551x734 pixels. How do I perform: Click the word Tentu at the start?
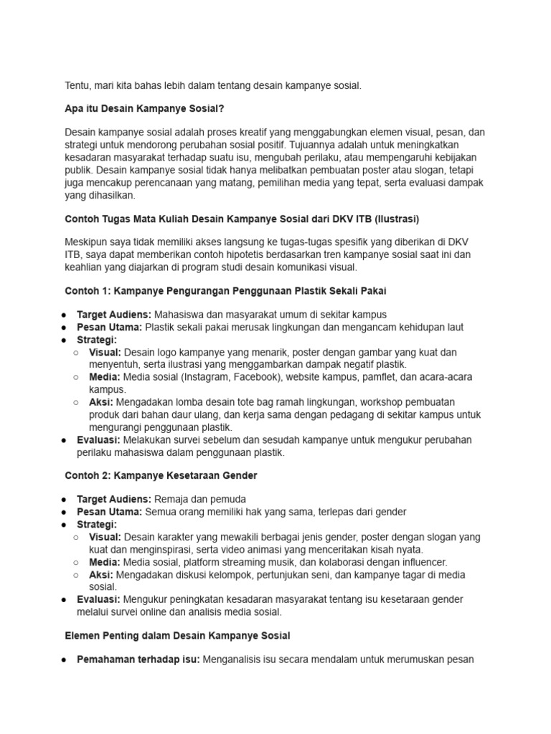coord(77,86)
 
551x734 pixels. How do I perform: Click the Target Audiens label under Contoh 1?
coord(113,315)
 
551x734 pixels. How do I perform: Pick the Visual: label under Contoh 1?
coord(105,353)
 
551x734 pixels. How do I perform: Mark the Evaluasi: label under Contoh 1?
coord(99,440)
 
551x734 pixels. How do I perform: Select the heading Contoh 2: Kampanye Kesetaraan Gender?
coord(161,475)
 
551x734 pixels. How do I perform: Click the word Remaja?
coord(171,500)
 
